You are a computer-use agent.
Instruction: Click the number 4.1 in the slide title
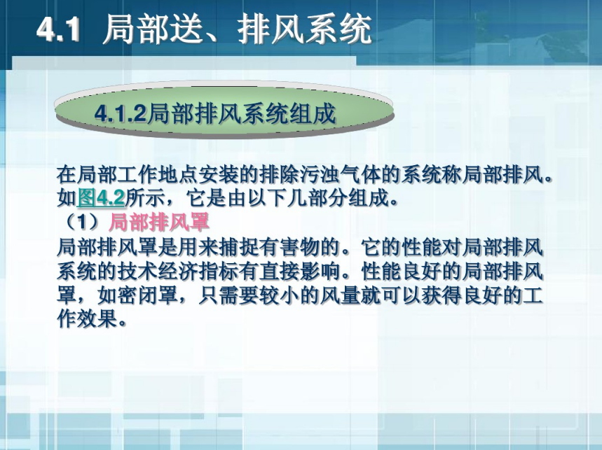[x=58, y=29]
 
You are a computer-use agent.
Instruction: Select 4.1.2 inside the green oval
[x=121, y=113]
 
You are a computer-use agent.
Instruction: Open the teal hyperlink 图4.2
[x=101, y=198]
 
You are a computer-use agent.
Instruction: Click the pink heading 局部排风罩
[x=159, y=222]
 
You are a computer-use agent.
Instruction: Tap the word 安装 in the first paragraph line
[x=219, y=175]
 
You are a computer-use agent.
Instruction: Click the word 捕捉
[x=240, y=247]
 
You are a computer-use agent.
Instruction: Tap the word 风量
[x=341, y=295]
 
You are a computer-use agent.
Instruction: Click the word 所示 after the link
[x=146, y=198]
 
